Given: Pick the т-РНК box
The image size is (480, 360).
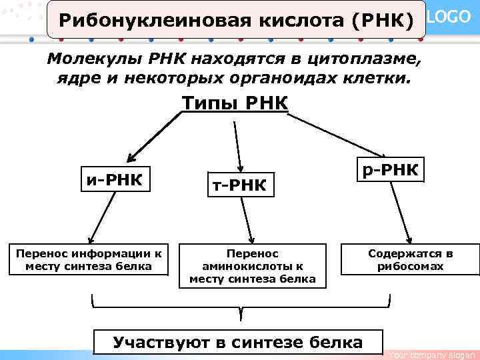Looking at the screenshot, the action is tap(239, 185).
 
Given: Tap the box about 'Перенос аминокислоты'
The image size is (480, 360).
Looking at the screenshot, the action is tap(252, 266).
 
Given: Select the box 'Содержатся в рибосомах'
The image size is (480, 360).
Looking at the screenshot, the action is tap(409, 260).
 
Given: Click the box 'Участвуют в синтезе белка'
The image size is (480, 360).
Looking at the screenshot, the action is tap(238, 343).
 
